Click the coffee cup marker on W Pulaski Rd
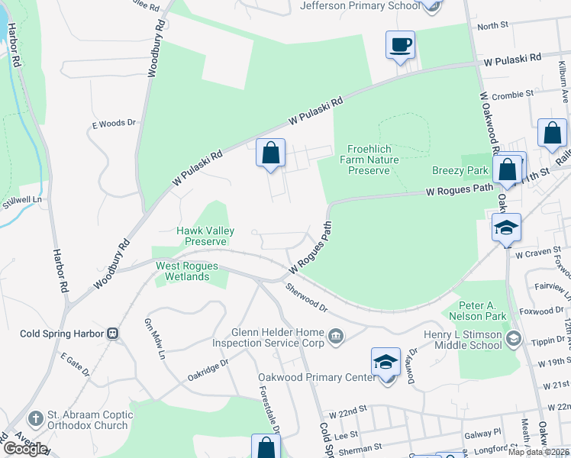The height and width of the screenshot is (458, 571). coord(400,45)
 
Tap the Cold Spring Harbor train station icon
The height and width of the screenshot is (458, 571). coord(112,334)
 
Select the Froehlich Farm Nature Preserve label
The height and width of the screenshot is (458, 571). coord(369,160)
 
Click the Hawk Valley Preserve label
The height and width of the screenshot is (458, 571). coord(205,236)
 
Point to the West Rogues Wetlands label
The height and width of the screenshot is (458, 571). coord(187,271)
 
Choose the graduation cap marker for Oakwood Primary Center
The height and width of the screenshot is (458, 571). coord(386,363)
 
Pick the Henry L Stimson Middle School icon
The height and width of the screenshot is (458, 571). coord(514,338)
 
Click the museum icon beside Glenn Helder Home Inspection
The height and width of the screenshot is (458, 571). coord(335,337)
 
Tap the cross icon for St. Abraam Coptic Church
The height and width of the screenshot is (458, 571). coord(35,419)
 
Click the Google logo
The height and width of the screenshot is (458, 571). coord(24,449)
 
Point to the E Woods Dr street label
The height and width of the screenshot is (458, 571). coord(113,122)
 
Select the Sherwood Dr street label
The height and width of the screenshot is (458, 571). coord(307,298)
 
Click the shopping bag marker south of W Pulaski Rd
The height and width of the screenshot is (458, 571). coord(270,153)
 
